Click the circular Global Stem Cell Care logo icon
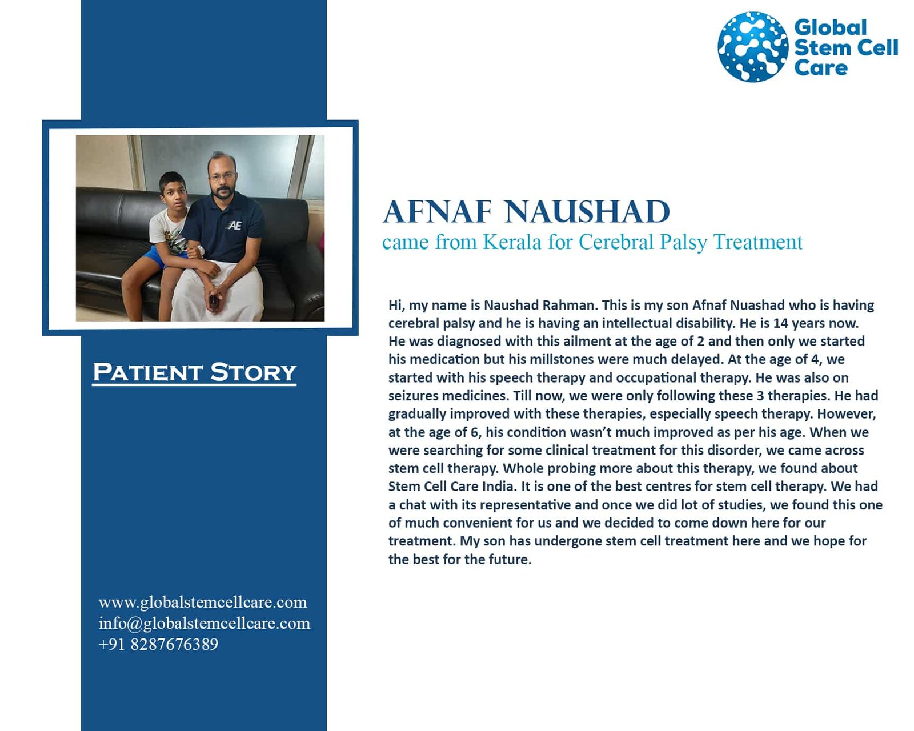click(752, 46)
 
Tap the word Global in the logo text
click(831, 27)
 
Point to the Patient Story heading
click(194, 372)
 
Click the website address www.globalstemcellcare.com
click(203, 603)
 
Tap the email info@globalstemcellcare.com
click(205, 624)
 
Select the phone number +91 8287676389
click(158, 644)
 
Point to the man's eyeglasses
click(219, 177)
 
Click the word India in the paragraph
click(499, 486)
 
